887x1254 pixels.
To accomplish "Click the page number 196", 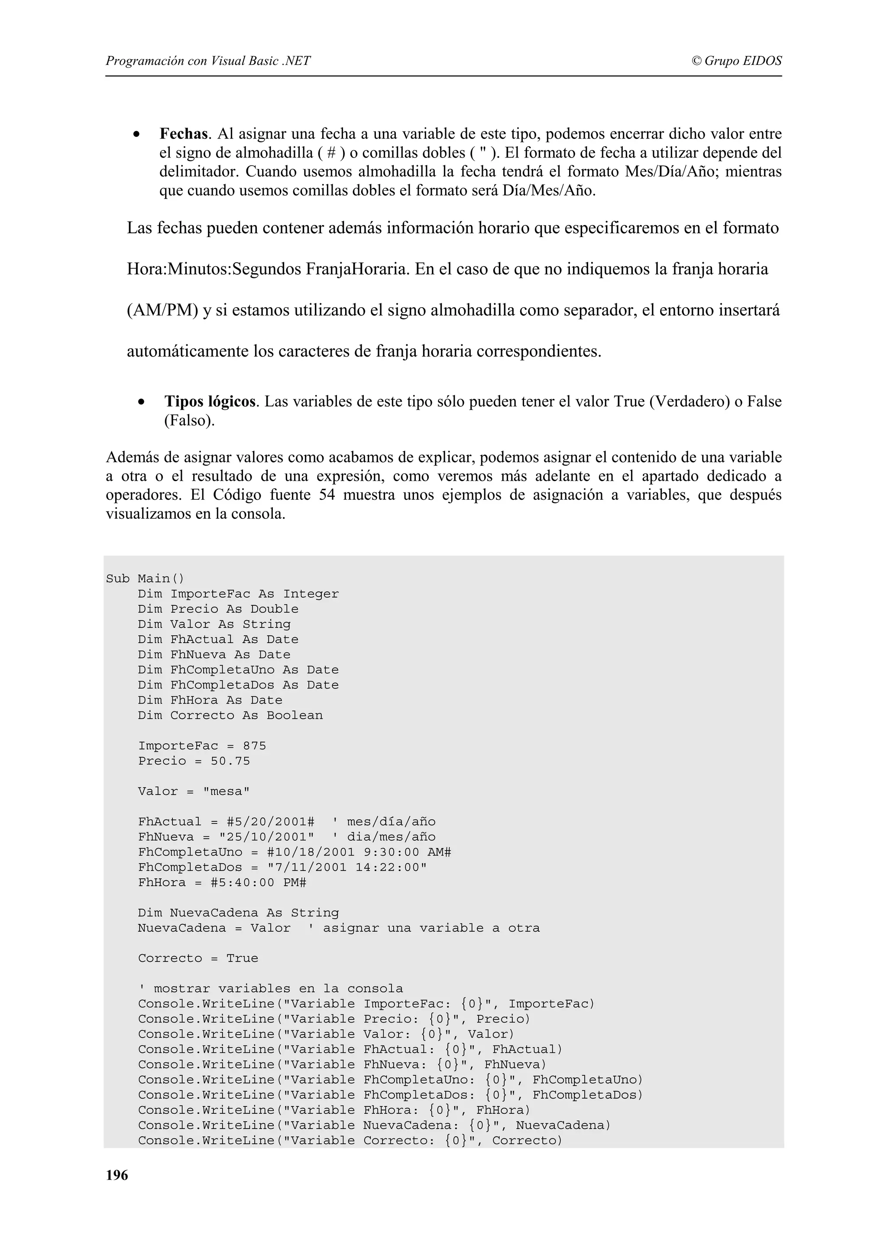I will (x=117, y=1175).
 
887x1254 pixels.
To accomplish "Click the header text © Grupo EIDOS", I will (x=736, y=61).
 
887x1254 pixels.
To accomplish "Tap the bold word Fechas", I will (x=184, y=134).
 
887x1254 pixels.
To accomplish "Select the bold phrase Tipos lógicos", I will (x=210, y=402).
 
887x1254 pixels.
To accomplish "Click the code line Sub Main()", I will (x=145, y=579).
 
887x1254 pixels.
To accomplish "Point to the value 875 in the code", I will (x=254, y=746).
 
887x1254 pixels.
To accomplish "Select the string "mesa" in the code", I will (x=226, y=791).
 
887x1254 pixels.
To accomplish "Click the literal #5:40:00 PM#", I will (x=258, y=883).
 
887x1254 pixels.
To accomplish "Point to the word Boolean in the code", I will (x=295, y=715).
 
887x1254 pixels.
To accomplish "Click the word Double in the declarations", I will (x=274, y=609).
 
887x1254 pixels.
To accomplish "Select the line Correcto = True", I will (x=198, y=958).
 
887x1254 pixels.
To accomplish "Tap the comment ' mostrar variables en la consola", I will (x=271, y=989).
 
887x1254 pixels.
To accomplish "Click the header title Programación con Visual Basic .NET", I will (x=208, y=61).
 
